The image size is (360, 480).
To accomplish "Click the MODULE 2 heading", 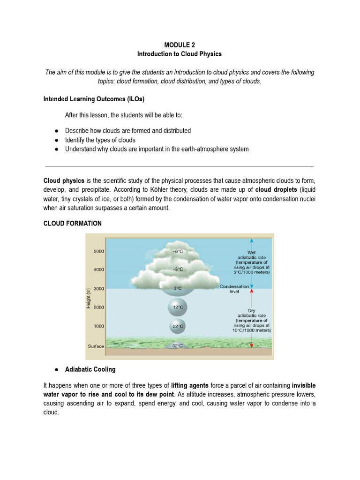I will (180, 45).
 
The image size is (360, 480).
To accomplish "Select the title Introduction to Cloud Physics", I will (180, 54).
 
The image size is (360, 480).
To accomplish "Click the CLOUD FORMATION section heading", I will (72, 224).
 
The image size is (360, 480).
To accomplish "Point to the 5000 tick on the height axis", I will (98, 251).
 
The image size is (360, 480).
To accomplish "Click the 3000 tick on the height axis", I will (98, 289).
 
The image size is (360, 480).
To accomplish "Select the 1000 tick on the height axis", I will (98, 326).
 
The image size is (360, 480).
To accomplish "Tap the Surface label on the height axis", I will (96, 346).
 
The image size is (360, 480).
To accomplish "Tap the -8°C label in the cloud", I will (178, 251).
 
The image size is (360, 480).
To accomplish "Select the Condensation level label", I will (233, 289).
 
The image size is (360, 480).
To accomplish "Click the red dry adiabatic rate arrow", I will (252, 319).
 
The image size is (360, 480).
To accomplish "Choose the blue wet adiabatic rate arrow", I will (252, 262).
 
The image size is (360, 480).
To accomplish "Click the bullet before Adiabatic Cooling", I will (56, 369).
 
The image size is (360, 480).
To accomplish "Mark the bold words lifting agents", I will (190, 385).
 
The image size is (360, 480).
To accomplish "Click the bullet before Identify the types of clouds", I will (56, 140).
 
